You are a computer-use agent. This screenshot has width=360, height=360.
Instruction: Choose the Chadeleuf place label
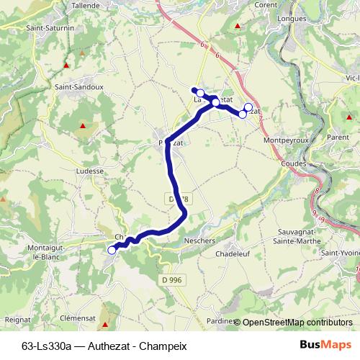[231, 254]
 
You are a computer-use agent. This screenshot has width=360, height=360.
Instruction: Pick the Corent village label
[266, 5]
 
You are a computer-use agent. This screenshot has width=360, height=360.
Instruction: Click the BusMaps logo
[325, 345]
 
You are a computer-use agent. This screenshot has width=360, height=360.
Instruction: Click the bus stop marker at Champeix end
[112, 250]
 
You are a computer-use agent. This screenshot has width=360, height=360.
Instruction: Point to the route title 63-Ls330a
[48, 346]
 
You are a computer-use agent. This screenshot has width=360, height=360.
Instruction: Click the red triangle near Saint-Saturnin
[66, 65]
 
